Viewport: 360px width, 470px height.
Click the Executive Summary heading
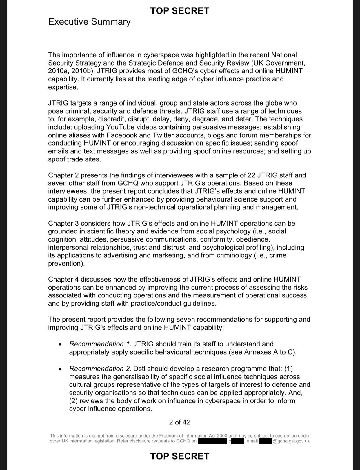tap(89, 22)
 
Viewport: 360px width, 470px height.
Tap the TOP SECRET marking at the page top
tap(180, 11)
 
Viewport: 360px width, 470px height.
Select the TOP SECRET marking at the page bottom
tap(180, 456)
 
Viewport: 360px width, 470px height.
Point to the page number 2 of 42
tap(180, 422)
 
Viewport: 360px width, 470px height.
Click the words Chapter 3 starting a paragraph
tap(63, 223)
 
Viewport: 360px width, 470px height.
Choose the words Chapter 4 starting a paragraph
tap(63, 279)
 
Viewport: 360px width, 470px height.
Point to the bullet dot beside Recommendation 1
tap(60, 344)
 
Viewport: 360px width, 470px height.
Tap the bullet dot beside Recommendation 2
tap(60, 369)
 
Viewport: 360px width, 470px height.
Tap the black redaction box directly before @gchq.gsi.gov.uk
tap(266, 441)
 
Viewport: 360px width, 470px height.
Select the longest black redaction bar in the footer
tap(212, 441)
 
